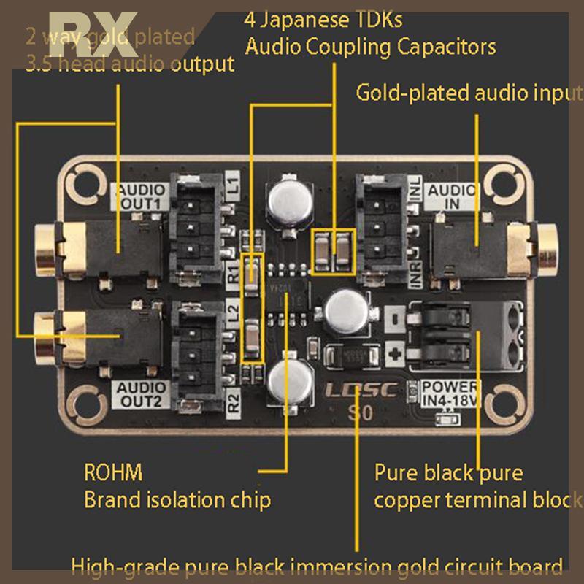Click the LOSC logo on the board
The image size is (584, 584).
coord(361,390)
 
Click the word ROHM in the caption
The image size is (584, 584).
coord(113,472)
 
